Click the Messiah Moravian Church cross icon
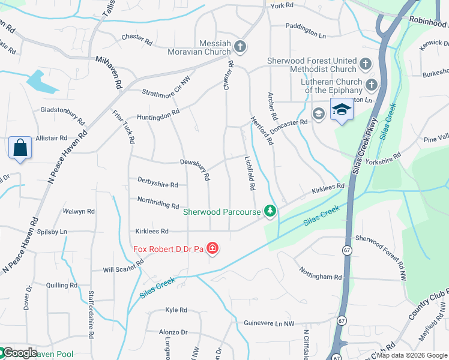tap(240, 47)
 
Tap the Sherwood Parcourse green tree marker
tap(271, 211)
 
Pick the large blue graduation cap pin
tap(342, 110)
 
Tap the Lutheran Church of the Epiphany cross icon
tap(372, 85)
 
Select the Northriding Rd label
tap(158, 205)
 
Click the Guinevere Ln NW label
tap(269, 323)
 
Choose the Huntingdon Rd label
tap(158, 116)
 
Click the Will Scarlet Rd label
tap(123, 267)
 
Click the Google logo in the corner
tap(20, 353)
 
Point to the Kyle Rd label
tap(176, 310)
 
